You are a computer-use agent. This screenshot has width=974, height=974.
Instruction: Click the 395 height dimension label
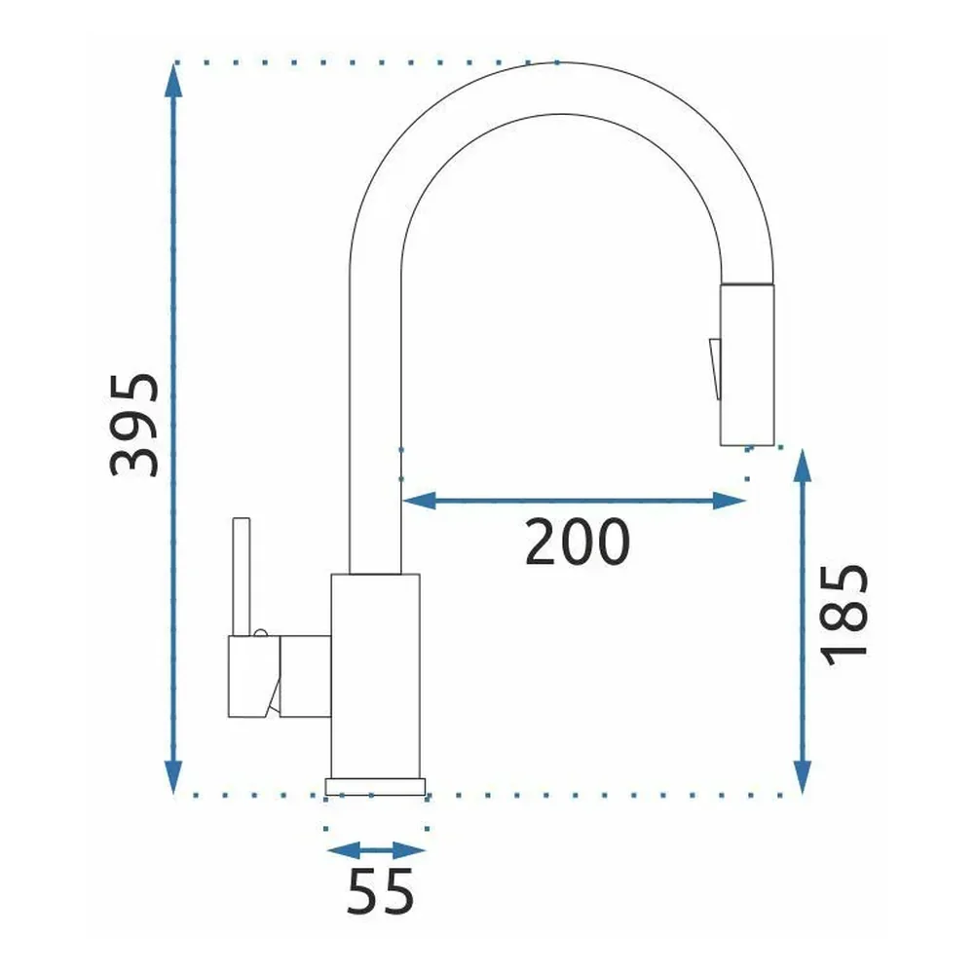click(x=134, y=425)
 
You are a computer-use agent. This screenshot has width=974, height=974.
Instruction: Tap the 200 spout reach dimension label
click(x=577, y=542)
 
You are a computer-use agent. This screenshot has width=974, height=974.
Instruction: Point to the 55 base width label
click(x=380, y=891)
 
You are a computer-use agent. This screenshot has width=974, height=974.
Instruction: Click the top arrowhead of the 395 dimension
click(x=173, y=80)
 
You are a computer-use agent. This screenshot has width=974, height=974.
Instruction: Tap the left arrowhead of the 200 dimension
click(x=419, y=500)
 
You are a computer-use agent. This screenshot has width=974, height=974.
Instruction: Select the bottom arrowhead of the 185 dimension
click(x=804, y=777)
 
